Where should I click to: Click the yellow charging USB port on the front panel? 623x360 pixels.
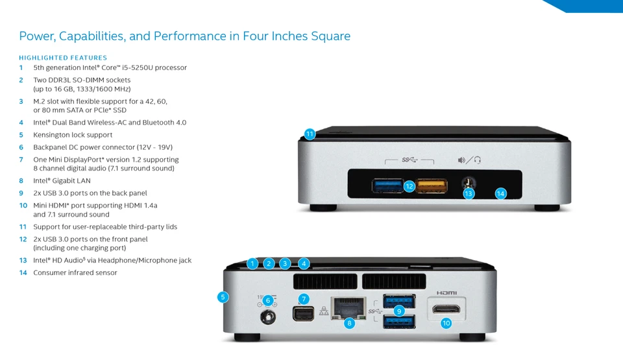(431, 186)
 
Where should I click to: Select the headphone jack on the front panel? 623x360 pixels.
(465, 184)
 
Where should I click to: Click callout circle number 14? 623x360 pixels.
(500, 193)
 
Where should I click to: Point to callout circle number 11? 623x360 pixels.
(310, 134)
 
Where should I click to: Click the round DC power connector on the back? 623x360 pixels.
(267, 317)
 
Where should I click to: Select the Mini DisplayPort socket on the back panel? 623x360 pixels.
(303, 315)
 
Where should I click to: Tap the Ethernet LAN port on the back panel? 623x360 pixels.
(349, 308)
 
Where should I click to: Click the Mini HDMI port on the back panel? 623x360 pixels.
(447, 309)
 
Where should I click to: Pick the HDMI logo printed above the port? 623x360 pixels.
(446, 293)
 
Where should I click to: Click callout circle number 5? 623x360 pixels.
(223, 297)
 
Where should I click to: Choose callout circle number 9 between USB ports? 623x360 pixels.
(399, 311)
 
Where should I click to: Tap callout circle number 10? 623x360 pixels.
(446, 323)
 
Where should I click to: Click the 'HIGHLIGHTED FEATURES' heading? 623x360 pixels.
(63, 58)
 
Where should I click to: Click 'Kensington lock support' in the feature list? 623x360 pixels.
(73, 135)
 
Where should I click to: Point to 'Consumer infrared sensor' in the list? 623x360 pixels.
(75, 272)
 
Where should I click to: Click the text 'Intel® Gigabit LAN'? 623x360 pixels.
(62, 181)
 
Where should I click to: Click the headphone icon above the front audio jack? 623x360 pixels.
(477, 160)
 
